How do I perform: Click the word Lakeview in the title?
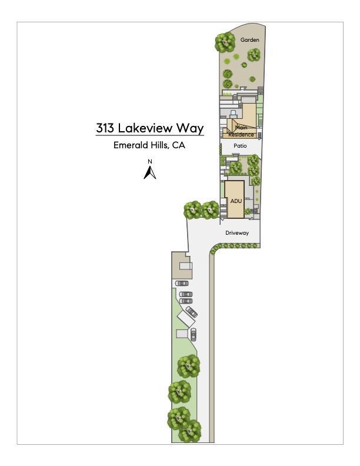145,128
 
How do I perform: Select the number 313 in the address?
105,128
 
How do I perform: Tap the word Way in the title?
190,129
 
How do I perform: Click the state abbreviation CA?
179,145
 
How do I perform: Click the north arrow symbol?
150,172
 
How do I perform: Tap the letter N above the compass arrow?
150,162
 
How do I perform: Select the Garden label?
250,40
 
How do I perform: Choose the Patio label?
241,146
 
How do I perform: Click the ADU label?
236,201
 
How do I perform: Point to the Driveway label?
237,232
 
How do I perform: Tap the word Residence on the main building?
241,135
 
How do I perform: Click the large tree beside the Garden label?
225,42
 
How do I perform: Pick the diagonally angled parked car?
192,312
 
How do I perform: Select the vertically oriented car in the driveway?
194,334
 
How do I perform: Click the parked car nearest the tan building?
182,283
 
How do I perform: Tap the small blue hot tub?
233,112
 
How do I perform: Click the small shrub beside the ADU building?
248,211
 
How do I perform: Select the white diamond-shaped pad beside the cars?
186,319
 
